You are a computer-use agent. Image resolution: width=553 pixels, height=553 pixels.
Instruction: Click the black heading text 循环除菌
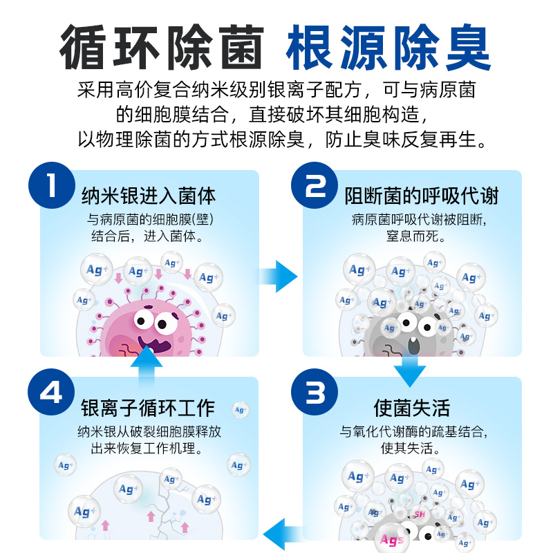coord(162,48)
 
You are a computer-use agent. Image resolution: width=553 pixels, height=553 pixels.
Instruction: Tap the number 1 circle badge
coord(51,185)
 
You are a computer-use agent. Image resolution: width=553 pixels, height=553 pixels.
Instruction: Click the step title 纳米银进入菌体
coord(148,196)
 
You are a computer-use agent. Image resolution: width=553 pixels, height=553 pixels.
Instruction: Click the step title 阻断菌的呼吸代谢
coord(421,196)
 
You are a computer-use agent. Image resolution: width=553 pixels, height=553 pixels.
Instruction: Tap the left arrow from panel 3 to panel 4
coord(281,531)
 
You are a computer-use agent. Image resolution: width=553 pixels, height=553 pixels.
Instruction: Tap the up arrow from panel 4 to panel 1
coord(145,366)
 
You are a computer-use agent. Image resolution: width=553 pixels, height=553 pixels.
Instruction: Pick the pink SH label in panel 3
coord(419,514)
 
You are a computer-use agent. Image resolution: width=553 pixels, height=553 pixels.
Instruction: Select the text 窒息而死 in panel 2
coord(411,236)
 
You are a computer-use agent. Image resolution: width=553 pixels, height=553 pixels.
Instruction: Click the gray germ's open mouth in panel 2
coord(413,343)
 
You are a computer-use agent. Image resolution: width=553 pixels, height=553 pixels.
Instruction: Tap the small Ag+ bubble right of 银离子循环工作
coord(240,409)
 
